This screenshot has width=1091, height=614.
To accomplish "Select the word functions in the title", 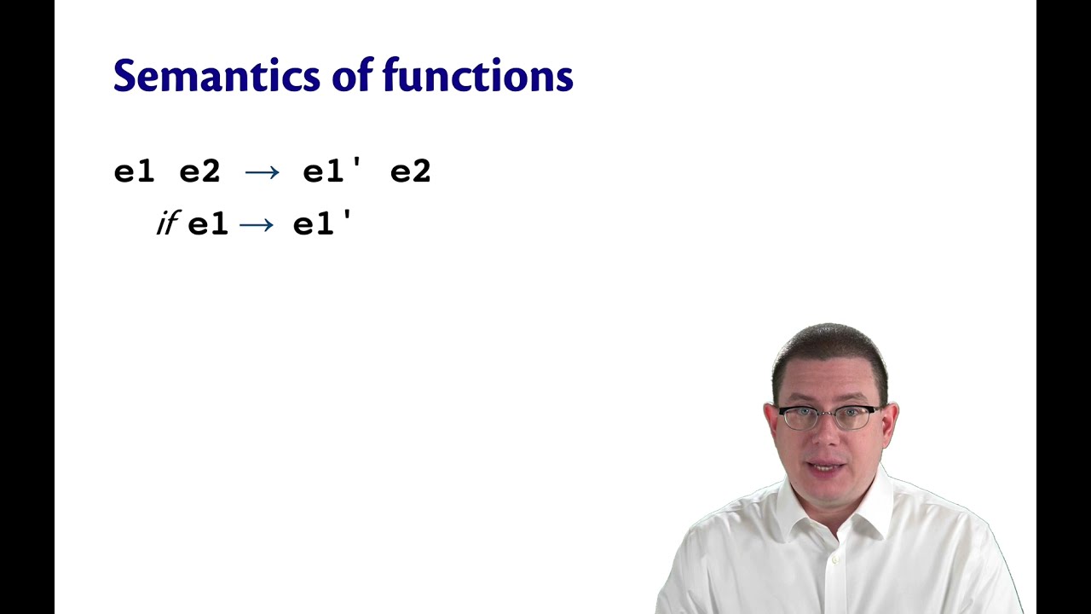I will [478, 76].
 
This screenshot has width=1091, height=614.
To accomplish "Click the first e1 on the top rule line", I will [135, 171].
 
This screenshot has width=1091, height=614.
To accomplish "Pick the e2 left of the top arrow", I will [200, 171].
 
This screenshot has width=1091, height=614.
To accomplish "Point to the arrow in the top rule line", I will [262, 171].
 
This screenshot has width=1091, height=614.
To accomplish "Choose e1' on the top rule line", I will [332, 171].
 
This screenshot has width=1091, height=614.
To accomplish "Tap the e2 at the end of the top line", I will [411, 171].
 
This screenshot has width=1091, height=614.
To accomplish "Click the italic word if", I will [166, 224].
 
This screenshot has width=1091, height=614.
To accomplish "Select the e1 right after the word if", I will [208, 224].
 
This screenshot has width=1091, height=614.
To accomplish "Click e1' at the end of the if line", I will [322, 224].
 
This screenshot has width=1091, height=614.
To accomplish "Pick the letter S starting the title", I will [125, 76].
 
